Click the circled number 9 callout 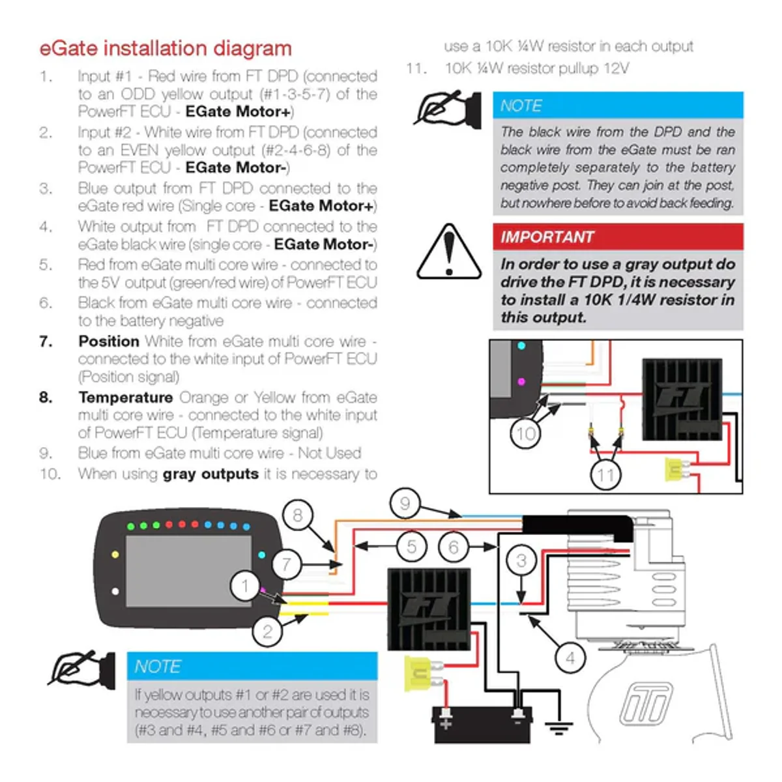pyautogui.click(x=405, y=503)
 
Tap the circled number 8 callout pyautogui.click(x=297, y=515)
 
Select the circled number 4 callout pyautogui.click(x=570, y=658)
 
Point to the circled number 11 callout pyautogui.click(x=605, y=475)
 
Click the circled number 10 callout pyautogui.click(x=525, y=434)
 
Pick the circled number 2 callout pyautogui.click(x=267, y=631)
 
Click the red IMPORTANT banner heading pyautogui.click(x=618, y=237)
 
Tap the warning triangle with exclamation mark pyautogui.click(x=449, y=252)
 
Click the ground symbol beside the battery pyautogui.click(x=558, y=728)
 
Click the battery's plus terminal pyautogui.click(x=446, y=723)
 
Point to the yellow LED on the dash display pyautogui.click(x=115, y=555)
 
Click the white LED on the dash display pyautogui.click(x=115, y=591)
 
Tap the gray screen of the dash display pyautogui.click(x=188, y=571)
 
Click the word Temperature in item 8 pyautogui.click(x=126, y=398)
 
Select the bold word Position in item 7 pyautogui.click(x=109, y=341)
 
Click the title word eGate pyautogui.click(x=68, y=48)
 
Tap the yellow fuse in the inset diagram pyautogui.click(x=676, y=469)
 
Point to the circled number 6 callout pyautogui.click(x=454, y=547)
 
